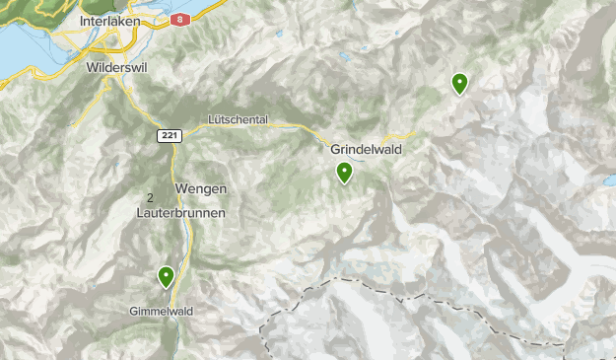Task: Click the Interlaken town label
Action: coord(113,20)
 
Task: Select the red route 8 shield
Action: coord(177,19)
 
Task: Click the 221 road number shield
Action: coord(169,135)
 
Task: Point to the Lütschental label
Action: coord(238,119)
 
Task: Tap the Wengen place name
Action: coord(201,188)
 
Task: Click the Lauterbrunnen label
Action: coord(181,213)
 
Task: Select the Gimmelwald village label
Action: coord(159,311)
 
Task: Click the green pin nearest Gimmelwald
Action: coord(167,276)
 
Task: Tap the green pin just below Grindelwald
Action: coord(344,173)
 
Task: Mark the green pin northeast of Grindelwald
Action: coord(459,83)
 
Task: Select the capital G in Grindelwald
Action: coord(333,150)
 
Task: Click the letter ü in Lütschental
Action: coord(216,119)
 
